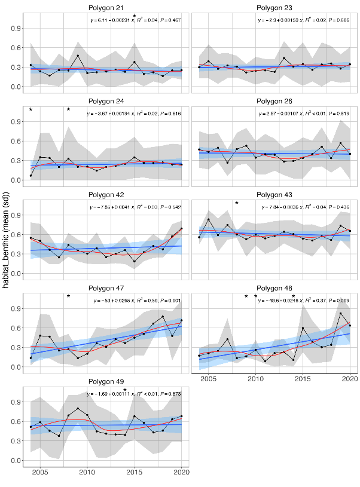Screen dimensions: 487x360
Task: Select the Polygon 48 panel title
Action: pos(275,287)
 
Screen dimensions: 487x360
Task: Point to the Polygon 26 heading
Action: pos(275,100)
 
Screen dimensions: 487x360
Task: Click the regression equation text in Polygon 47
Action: pos(137,300)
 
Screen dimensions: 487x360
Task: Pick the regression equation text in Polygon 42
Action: pos(137,207)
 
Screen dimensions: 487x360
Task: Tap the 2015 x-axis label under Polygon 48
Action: pos(303,379)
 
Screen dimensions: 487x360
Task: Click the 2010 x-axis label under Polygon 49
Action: pos(87,472)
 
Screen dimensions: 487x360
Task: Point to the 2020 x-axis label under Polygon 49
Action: pos(181,472)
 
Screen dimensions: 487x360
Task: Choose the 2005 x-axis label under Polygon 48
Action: pos(209,379)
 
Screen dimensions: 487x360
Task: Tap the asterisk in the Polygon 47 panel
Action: pos(68,297)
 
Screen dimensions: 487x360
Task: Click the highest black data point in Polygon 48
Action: pos(341,314)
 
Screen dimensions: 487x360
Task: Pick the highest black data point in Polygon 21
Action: pos(78,56)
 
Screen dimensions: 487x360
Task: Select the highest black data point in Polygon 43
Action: pos(209,219)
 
